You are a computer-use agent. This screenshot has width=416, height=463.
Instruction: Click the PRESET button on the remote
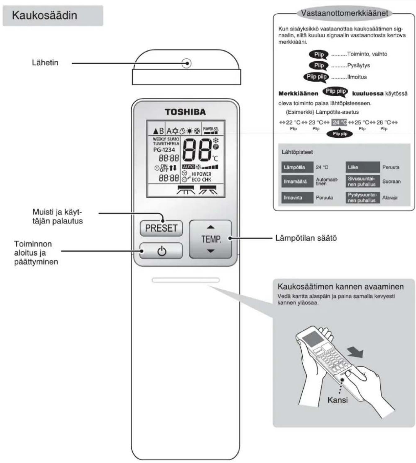pos(161,228)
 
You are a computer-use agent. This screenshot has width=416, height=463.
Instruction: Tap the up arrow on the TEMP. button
pos(211,227)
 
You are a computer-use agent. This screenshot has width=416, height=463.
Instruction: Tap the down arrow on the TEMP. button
pos(211,251)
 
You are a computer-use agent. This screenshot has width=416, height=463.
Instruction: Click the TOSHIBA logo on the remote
pos(185,112)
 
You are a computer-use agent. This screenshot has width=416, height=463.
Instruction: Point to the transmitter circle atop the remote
pos(186,63)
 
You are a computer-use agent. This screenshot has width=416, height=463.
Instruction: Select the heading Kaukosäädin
pos(45,16)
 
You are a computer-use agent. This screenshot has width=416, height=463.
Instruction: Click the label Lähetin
pos(45,63)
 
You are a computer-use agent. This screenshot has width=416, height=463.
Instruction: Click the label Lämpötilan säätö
pos(306,238)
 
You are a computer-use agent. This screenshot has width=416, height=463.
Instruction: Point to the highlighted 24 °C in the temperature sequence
pos(339,122)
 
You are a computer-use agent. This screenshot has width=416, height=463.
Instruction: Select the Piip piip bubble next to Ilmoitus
pos(317,77)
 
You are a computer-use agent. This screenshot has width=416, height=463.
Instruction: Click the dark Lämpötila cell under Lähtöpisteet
pos(297,167)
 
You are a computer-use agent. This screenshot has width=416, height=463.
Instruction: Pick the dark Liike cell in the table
pos(362,167)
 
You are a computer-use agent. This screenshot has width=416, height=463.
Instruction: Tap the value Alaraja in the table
pos(390,198)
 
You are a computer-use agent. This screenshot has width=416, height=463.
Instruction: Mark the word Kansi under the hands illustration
pos(337,400)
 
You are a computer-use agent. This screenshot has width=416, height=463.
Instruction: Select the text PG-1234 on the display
pos(164,150)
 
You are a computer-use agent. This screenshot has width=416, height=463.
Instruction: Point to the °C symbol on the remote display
pos(215,158)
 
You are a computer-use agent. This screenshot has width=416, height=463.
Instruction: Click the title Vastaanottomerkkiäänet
pos(344,13)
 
